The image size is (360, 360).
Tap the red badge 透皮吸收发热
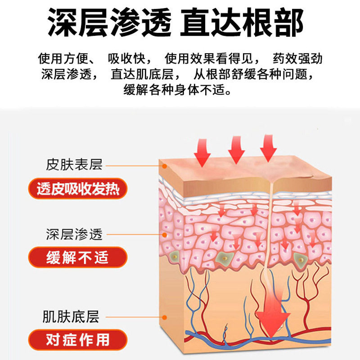(77, 189)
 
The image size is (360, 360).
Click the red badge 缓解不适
(77, 258)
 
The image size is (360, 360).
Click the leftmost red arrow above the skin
(202, 152)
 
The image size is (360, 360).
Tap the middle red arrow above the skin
(236, 150)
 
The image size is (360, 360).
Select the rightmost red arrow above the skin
(268, 148)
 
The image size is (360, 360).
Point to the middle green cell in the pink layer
(222, 258)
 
